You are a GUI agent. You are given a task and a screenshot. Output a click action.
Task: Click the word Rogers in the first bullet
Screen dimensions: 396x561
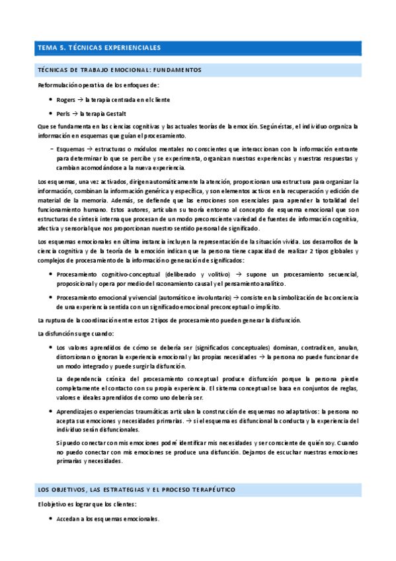pos(66,99)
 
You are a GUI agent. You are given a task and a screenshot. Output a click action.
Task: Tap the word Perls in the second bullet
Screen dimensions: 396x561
pos(64,113)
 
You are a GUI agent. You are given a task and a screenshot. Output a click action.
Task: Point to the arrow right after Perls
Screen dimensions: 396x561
pos(77,113)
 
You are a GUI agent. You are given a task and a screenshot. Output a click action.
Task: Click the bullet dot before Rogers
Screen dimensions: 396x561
pos(51,99)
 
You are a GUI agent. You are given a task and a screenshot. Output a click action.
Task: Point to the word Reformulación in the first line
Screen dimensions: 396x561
pos(58,85)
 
